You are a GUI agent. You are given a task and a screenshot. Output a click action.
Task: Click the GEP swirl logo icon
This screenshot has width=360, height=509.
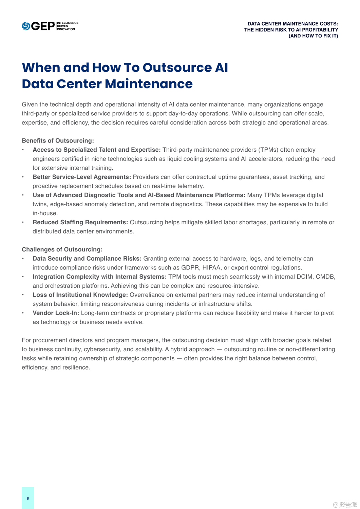pos(26,26)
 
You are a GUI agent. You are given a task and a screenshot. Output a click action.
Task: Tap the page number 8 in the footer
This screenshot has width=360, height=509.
pos(28,498)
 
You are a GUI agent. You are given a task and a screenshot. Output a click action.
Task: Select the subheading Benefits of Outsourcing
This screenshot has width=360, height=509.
pos(58,140)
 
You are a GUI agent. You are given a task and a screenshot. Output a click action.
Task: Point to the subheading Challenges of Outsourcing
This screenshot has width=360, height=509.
pos(62,249)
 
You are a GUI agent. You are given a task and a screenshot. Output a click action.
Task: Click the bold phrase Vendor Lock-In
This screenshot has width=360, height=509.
pos(56,313)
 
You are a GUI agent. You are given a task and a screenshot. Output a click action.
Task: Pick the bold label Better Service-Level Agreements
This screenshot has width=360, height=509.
pos(82,177)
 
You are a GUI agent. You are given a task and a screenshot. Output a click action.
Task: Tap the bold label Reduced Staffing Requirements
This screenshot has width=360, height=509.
pos(80,222)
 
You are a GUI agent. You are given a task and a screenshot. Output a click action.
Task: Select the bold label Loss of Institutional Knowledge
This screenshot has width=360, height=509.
pos(80,295)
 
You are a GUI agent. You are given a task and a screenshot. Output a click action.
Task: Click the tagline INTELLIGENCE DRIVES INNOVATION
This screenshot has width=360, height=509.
pos(68,26)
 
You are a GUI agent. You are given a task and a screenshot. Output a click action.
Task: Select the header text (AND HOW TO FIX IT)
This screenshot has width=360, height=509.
pos(313,36)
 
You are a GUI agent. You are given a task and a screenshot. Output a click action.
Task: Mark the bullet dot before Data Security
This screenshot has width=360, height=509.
pos(23,259)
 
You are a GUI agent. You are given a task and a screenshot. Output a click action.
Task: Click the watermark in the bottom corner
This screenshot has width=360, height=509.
pos(345,505)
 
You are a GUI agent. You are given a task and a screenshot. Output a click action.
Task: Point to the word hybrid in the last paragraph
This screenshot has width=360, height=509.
pos(180,349)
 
